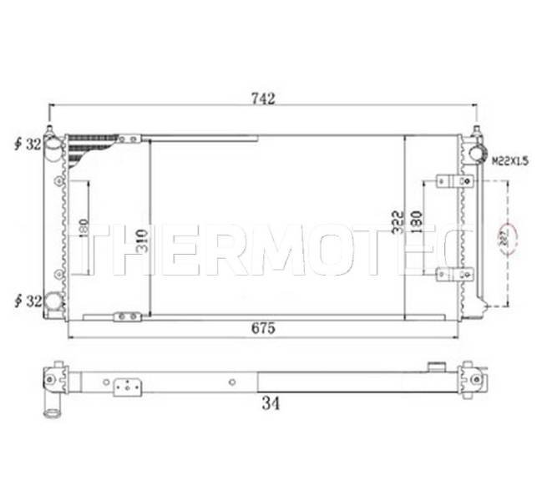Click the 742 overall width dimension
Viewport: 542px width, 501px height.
[x=263, y=99]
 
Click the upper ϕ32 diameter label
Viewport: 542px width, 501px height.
[x=28, y=144]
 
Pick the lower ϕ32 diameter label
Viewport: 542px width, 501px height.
[x=28, y=298]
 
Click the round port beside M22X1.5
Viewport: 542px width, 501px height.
[x=478, y=153]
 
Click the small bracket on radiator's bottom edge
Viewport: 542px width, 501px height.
[x=129, y=316]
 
